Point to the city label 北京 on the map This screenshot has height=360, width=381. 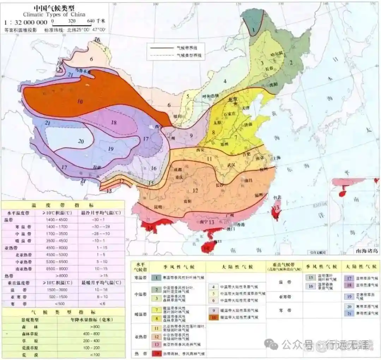pos(232,100)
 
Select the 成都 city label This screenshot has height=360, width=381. pos(178,170)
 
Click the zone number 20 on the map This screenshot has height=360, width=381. pos(81,142)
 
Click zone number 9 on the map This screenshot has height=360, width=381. pos(191,135)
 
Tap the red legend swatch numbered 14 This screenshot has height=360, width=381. pos(156,354)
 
